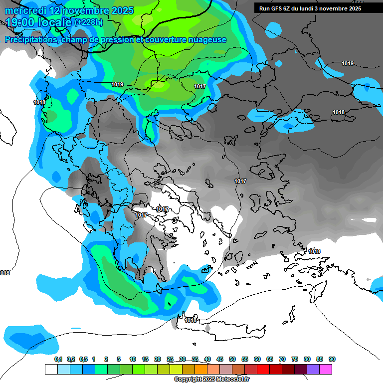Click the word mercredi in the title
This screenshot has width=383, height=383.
[25, 10]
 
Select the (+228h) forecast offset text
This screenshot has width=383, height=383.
[88, 22]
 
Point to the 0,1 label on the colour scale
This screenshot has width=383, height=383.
[58, 359]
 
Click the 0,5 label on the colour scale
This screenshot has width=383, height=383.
[83, 359]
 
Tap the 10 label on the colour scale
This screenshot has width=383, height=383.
[133, 359]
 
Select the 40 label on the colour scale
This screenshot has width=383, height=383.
[207, 359]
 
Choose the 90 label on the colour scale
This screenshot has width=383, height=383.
[332, 359]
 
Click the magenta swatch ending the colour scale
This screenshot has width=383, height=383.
[326, 369]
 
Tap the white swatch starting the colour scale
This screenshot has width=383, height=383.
[51, 369]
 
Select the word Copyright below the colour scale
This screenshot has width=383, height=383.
[188, 380]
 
